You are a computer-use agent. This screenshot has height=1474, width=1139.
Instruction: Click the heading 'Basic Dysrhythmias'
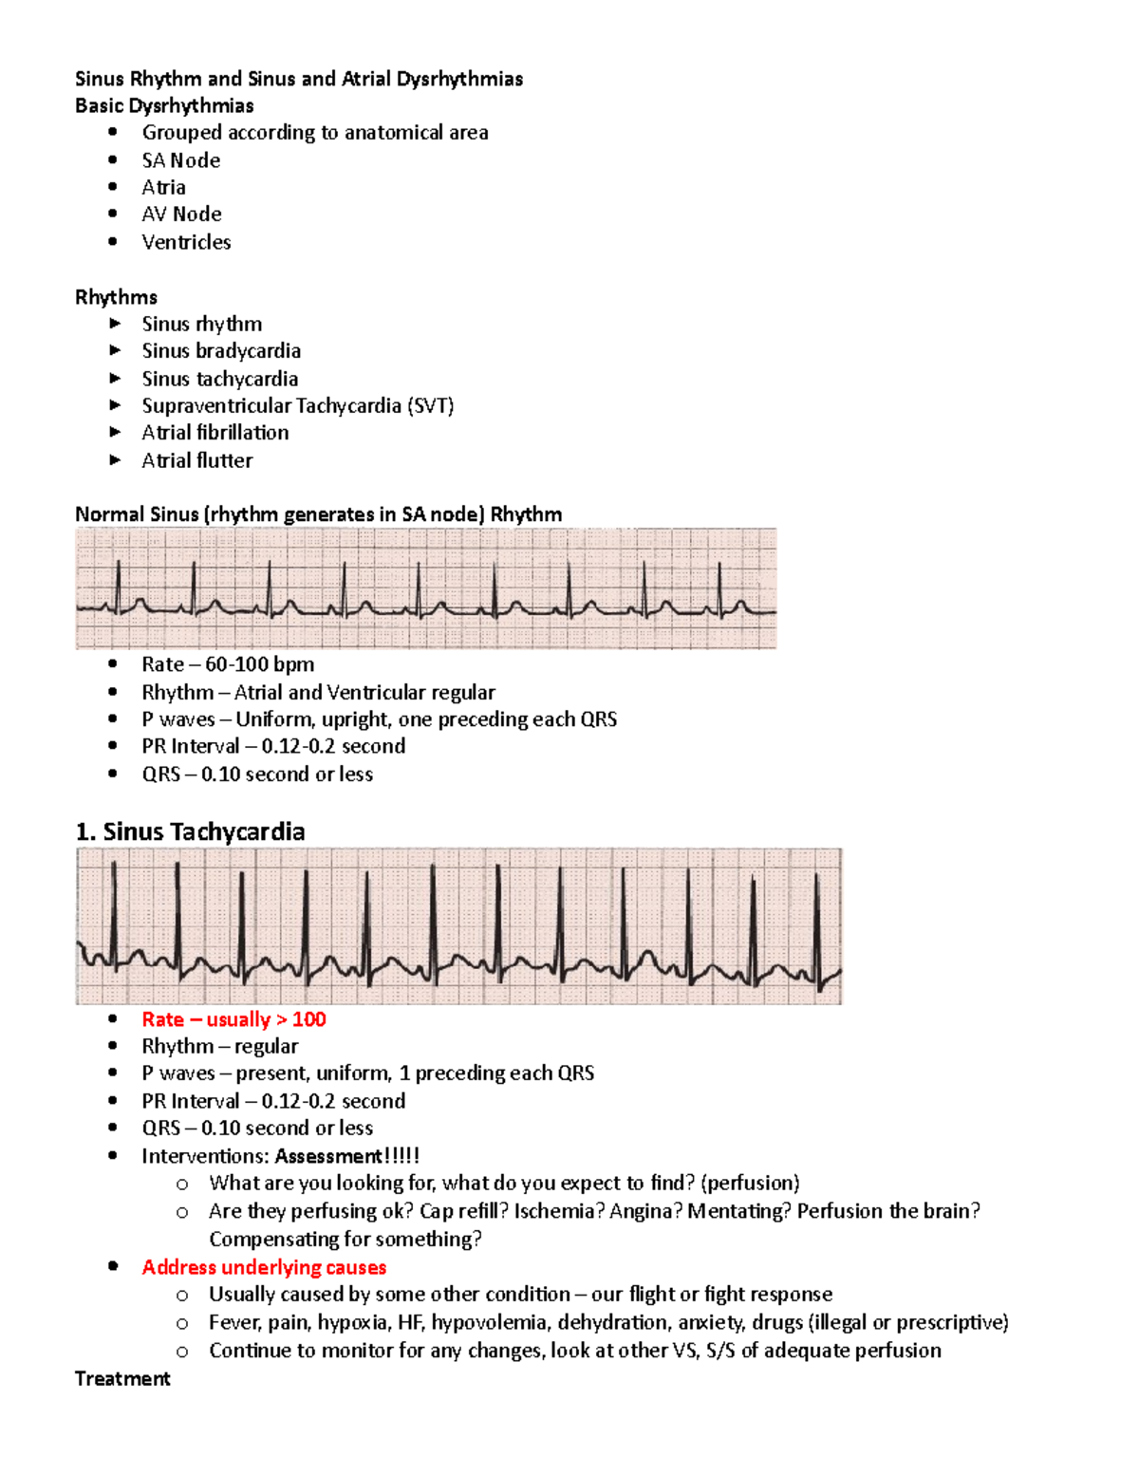click(164, 105)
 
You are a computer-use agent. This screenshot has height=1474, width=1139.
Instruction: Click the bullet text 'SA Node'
click(180, 160)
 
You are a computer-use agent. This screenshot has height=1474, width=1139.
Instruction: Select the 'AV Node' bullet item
click(181, 215)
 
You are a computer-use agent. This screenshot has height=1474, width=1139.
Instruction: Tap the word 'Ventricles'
click(186, 242)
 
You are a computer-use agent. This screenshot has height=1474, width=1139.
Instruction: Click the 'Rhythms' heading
click(116, 297)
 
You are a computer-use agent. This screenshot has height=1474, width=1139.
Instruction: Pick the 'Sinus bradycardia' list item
click(221, 351)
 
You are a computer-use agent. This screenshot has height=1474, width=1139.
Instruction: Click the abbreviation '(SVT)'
click(431, 406)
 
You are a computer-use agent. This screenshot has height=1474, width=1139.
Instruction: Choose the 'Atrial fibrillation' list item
click(215, 433)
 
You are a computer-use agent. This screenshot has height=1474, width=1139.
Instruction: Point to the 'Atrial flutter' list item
click(197, 460)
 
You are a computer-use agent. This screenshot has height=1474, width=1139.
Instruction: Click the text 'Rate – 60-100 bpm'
click(228, 664)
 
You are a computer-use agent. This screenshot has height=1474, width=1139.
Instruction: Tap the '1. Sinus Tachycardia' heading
click(190, 831)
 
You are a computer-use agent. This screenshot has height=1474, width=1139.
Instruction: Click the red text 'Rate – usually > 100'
click(233, 1019)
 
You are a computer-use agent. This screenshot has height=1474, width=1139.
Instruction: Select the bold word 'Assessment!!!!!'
click(346, 1156)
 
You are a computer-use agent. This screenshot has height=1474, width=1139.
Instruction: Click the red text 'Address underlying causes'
click(264, 1267)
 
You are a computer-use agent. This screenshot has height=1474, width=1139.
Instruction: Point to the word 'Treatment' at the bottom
click(122, 1378)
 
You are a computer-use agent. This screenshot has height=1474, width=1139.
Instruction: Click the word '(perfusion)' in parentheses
click(750, 1183)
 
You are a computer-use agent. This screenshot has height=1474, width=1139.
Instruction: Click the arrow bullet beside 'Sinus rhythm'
click(115, 324)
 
